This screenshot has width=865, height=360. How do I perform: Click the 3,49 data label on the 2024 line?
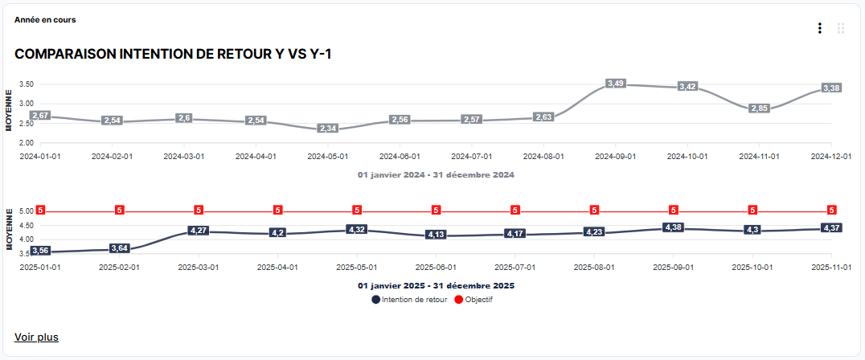pyautogui.click(x=616, y=84)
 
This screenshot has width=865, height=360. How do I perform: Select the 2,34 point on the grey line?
pyautogui.click(x=328, y=129)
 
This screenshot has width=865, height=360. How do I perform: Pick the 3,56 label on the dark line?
pyautogui.click(x=40, y=252)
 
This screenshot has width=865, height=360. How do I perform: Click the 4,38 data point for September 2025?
pyautogui.click(x=674, y=227)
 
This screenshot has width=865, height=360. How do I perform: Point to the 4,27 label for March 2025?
pyautogui.click(x=199, y=231)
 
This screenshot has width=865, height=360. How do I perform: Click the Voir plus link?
pyautogui.click(x=36, y=337)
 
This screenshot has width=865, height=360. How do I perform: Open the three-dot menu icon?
pyautogui.click(x=819, y=28)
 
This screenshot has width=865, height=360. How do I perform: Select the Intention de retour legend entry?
pyautogui.click(x=409, y=300)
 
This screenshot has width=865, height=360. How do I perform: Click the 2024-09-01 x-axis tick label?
pyautogui.click(x=615, y=157)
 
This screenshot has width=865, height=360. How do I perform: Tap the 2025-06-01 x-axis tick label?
pyautogui.click(x=436, y=267)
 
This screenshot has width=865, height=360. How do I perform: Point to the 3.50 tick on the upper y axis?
pyautogui.click(x=25, y=84)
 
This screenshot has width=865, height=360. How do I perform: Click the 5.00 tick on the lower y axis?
pyautogui.click(x=25, y=211)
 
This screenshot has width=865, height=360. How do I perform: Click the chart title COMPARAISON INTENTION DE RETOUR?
pyautogui.click(x=173, y=54)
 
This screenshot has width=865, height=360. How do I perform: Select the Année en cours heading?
pyautogui.click(x=45, y=19)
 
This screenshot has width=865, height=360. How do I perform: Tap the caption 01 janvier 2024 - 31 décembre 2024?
pyautogui.click(x=436, y=174)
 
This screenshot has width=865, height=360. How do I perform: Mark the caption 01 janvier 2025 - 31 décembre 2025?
pyautogui.click(x=436, y=285)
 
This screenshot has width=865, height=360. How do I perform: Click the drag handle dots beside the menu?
pyautogui.click(x=841, y=28)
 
